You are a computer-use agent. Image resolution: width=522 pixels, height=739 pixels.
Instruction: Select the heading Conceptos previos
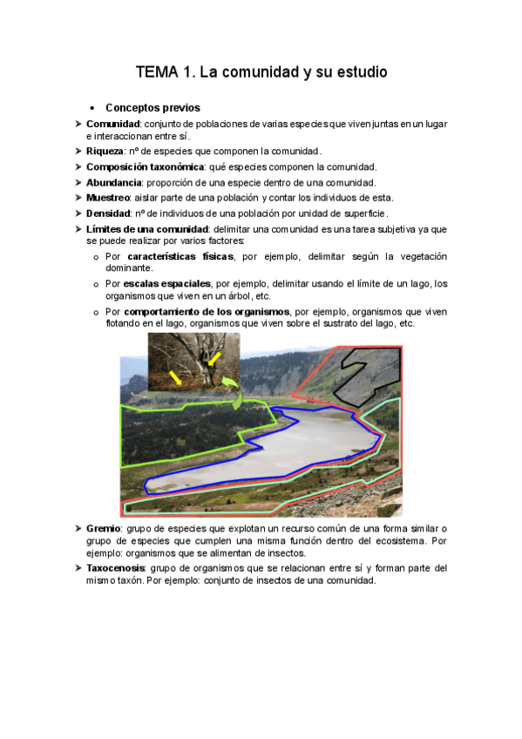point(153,108)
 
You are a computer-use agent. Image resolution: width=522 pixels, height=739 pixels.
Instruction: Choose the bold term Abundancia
point(114,182)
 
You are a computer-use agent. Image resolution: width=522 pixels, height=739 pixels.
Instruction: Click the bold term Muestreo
point(110,198)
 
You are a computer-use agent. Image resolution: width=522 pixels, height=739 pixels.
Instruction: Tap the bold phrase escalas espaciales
point(167,284)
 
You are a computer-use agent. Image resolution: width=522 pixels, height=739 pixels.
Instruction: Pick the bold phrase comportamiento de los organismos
point(207,311)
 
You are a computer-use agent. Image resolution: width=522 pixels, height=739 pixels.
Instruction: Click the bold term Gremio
point(104,529)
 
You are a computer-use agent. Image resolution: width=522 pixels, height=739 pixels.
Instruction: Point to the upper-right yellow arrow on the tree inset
point(214,359)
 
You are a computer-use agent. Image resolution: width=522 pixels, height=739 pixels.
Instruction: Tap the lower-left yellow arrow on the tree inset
point(176,376)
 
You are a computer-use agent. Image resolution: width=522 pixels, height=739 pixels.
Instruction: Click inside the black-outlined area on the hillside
point(365,366)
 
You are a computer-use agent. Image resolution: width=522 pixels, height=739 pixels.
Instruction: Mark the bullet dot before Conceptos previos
point(92,109)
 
